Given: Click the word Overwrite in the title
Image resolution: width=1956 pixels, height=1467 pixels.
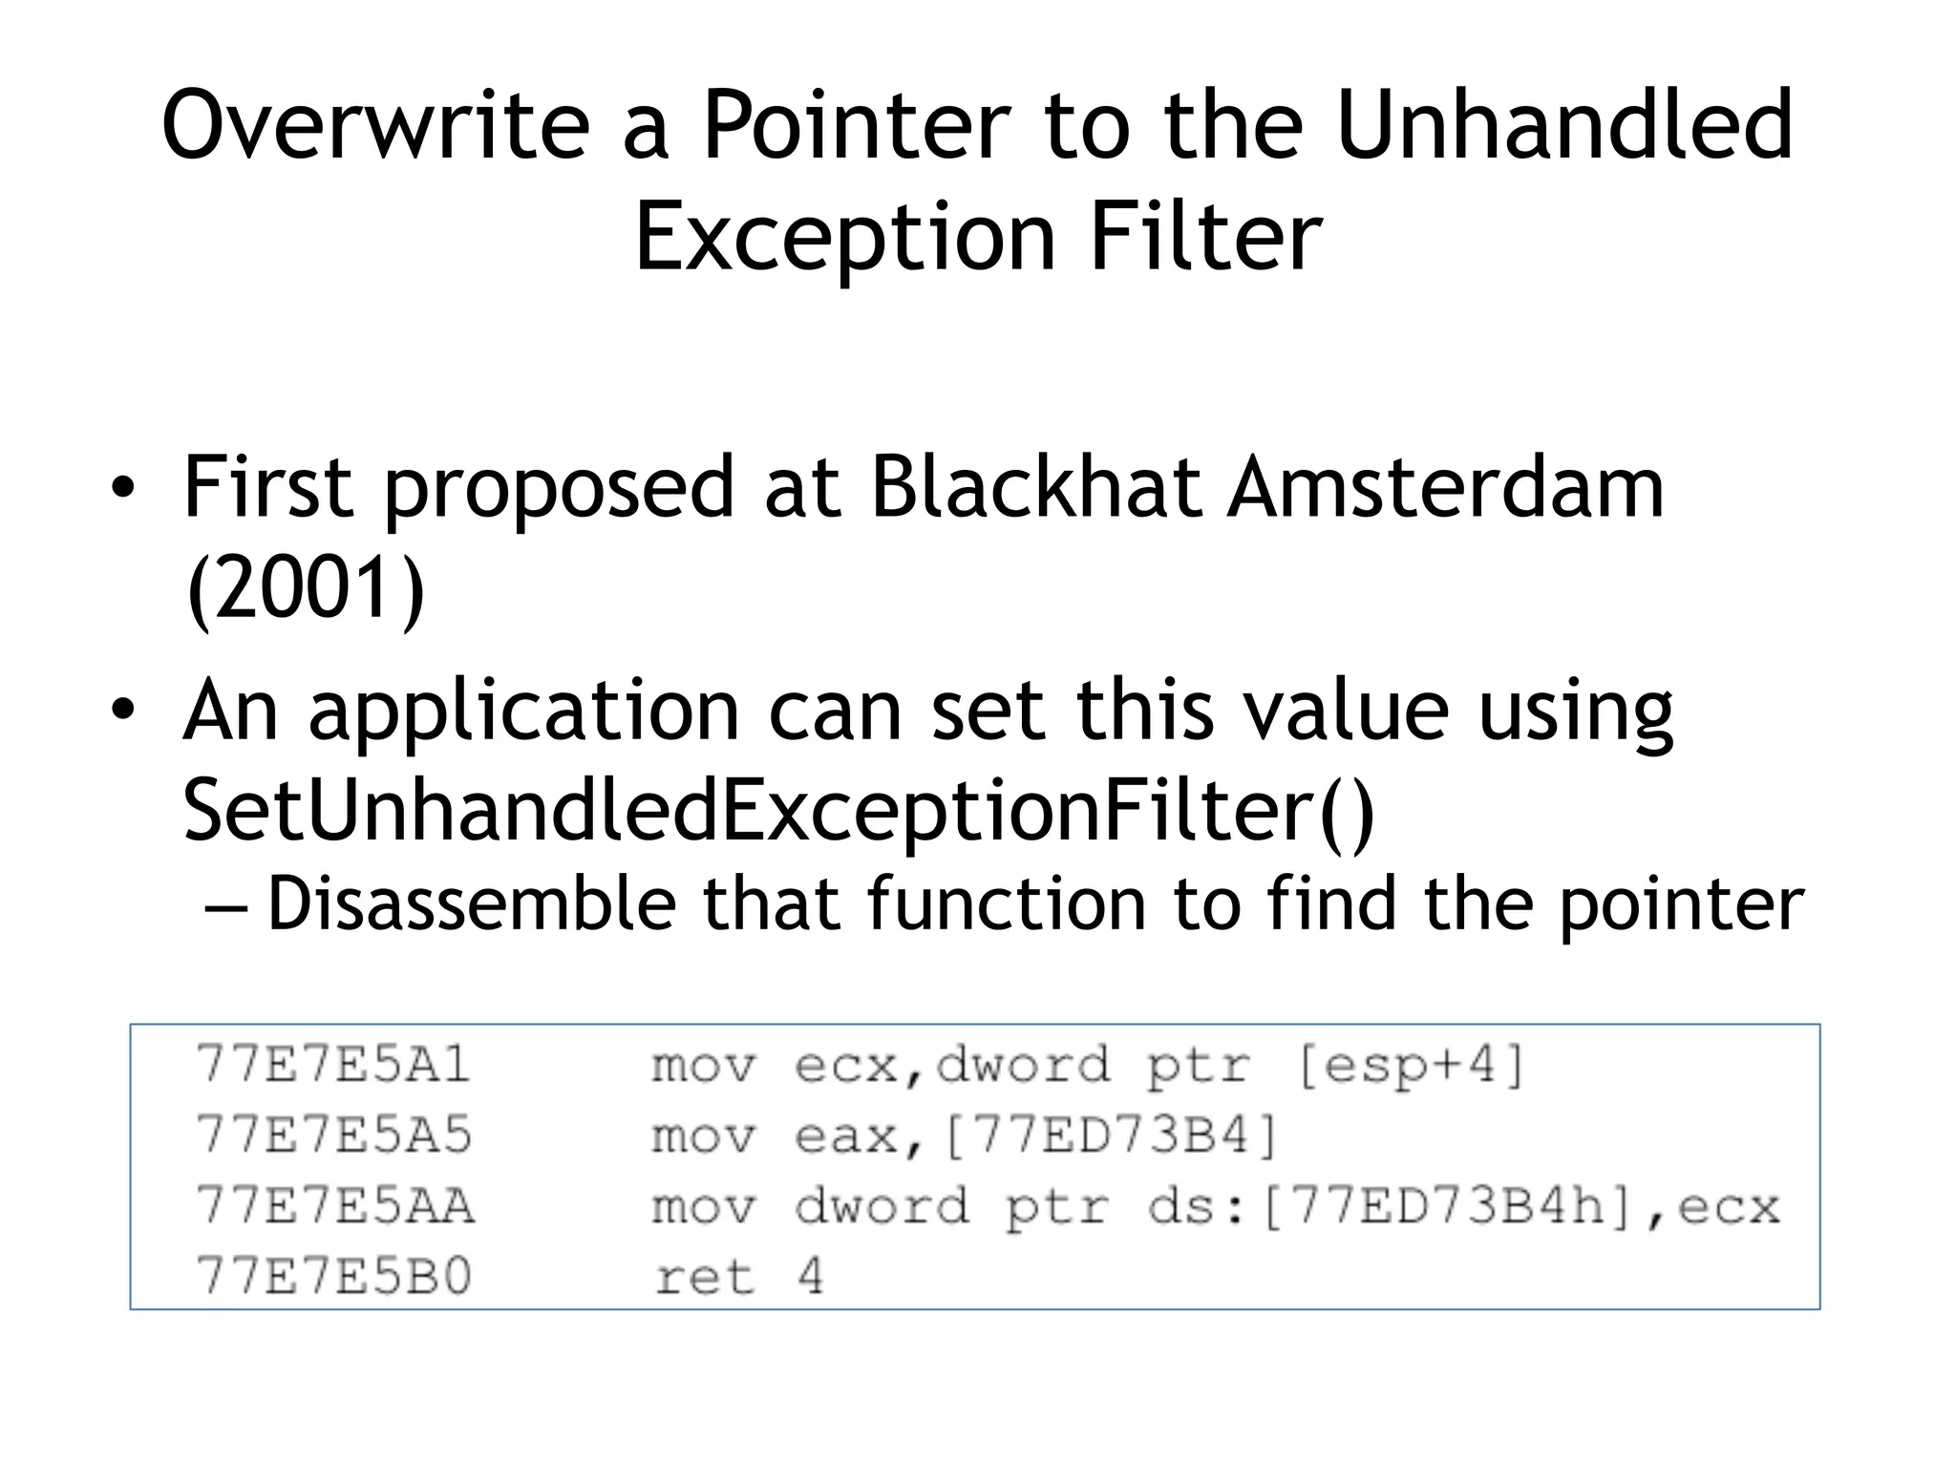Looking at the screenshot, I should (376, 125).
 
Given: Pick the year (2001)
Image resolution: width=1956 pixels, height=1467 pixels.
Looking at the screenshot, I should (306, 589).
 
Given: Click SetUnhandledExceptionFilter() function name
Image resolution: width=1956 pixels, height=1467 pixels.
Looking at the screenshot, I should (778, 811).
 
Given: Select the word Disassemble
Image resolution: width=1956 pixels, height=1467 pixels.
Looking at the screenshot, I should (472, 904).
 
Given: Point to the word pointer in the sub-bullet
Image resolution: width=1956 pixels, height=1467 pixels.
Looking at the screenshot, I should (1681, 904).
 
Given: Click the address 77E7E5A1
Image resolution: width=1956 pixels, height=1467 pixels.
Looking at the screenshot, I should (333, 1064).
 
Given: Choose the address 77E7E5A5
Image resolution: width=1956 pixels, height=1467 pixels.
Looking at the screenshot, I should (333, 1136).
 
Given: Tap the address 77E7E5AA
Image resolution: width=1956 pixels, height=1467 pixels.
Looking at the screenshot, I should (333, 1206).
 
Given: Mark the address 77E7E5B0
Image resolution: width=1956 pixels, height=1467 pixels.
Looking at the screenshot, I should (333, 1277).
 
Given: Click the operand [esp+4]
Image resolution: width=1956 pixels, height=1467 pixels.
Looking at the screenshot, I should (1411, 1065).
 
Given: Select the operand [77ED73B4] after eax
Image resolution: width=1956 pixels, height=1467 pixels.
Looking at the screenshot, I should (1110, 1137).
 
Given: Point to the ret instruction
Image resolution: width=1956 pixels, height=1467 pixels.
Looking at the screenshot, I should (704, 1277).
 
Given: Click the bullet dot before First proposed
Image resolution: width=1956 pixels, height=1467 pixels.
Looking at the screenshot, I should (122, 489).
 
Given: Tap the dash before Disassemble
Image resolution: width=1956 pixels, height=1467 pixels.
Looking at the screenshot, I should (226, 905).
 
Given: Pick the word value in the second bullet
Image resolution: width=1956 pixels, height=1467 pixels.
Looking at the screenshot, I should (1342, 712).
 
